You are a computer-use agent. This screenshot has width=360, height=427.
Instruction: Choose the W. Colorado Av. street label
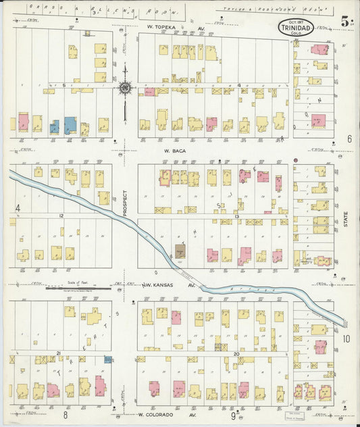click(x=163, y=415)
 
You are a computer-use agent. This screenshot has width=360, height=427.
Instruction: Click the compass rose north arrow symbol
click(x=125, y=86)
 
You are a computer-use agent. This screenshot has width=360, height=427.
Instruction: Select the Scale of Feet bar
click(x=78, y=287)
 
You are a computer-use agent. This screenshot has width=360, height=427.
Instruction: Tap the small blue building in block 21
click(x=107, y=361)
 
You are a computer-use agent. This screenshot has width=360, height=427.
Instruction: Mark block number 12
click(x=61, y=216)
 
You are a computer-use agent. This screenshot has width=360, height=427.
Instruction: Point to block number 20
click(x=236, y=353)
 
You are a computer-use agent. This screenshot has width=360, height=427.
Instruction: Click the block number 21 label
click(x=59, y=353)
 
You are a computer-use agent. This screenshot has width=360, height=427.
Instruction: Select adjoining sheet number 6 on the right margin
click(x=349, y=139)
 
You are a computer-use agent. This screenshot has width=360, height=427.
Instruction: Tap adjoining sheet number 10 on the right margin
click(x=346, y=338)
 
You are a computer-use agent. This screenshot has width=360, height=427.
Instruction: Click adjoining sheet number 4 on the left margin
click(x=18, y=207)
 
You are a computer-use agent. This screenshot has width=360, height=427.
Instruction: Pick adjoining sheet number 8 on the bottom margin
click(x=66, y=414)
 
